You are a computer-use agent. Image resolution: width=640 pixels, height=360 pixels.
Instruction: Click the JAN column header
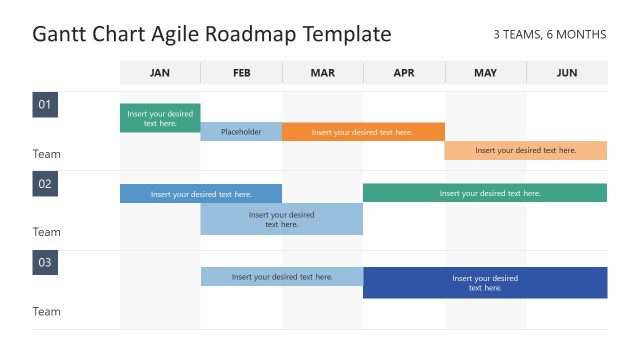coord(160,72)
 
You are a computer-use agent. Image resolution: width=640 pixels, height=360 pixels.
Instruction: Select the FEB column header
coord(241,72)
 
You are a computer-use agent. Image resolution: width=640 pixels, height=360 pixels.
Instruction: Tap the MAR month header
coord(323,72)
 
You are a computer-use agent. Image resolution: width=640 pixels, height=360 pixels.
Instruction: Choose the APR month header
coord(404,72)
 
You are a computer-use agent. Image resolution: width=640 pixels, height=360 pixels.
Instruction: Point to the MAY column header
coord(485,72)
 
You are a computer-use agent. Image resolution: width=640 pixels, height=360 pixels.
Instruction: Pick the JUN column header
coord(567,72)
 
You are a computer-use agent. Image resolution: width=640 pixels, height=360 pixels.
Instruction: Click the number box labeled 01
coord(45,105)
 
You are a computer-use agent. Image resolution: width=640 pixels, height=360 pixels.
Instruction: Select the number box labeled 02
coord(45,183)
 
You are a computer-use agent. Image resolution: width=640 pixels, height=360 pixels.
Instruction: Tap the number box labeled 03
coord(45,263)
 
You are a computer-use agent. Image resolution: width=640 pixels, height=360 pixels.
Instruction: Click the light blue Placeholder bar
coord(241,132)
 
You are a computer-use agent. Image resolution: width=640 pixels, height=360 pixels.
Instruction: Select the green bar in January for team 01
coord(160,118)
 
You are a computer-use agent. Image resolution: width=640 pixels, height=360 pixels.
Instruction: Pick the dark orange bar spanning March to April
coord(363,132)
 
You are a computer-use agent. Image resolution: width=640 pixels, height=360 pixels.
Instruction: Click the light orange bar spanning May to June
coord(526,150)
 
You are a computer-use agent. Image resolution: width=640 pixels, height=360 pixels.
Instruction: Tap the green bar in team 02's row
coord(485,193)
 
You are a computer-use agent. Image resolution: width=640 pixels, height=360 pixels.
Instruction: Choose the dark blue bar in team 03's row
coord(485,282)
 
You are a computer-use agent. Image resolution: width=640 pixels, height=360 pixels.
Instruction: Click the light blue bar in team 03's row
coord(282,276)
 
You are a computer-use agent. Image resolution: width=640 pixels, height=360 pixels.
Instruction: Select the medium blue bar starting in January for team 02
coord(201,194)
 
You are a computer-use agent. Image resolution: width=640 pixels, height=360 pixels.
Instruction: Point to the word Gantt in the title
coord(61,34)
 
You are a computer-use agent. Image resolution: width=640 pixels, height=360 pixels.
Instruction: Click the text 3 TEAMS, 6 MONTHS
coord(549,35)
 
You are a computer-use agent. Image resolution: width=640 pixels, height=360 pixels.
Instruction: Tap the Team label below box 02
coord(47,232)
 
